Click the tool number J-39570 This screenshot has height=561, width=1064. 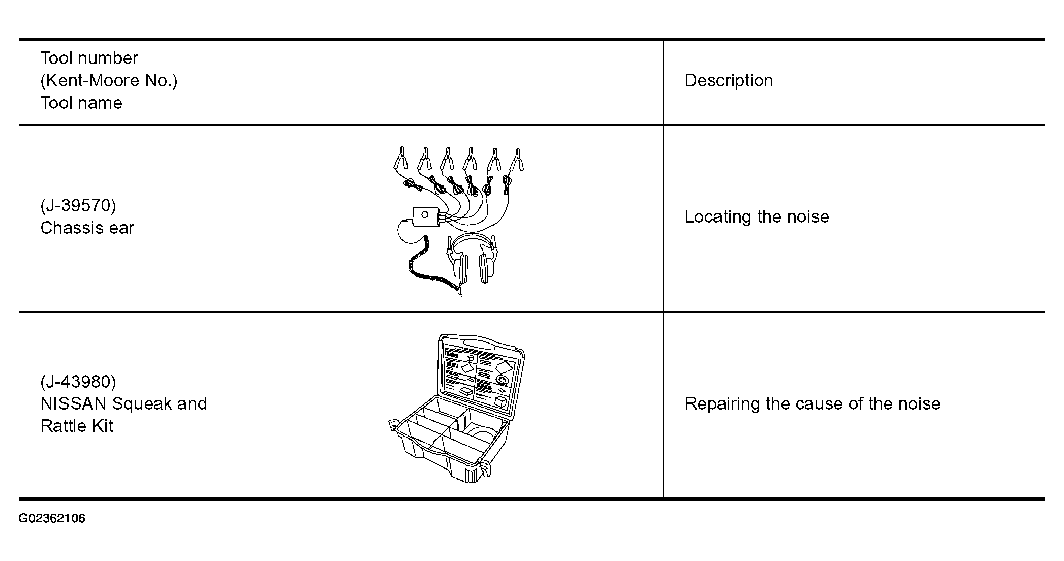coord(78,205)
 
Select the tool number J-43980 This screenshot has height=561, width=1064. coord(78,382)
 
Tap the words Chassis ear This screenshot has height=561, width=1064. coord(87,228)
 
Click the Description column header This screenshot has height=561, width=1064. coord(729,80)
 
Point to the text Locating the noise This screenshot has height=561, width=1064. coord(757,216)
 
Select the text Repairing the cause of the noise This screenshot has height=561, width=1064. coord(812,403)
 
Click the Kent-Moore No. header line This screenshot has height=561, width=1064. coord(109,80)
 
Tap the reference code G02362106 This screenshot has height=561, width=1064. coord(52,518)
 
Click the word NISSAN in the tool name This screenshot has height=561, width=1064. coord(73,403)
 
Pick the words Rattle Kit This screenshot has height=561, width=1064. coord(77,426)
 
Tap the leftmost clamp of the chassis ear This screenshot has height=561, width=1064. coord(401,159)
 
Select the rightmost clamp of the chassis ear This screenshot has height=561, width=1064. coord(517,160)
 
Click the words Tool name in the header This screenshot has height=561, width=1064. coord(81,103)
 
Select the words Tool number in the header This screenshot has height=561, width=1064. coord(89,58)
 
